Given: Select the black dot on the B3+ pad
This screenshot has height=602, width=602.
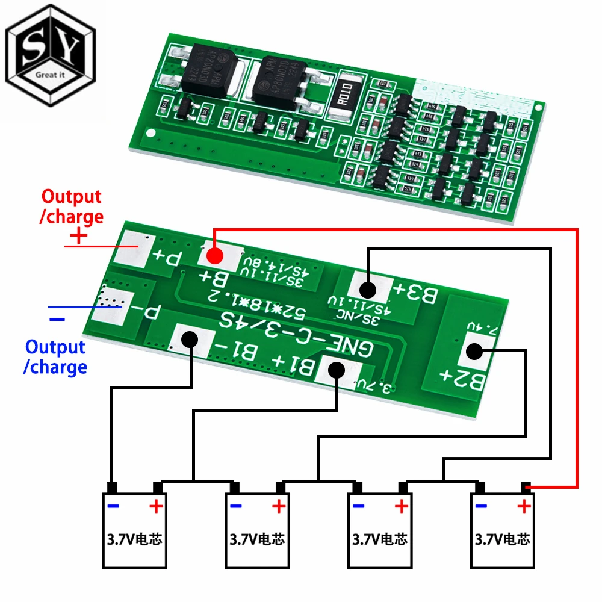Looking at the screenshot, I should click(368, 290).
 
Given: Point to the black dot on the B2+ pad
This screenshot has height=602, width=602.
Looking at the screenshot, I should click(476, 352).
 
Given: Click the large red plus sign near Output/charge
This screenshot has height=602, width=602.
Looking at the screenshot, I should click(78, 236).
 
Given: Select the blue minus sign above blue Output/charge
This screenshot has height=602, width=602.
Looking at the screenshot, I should click(57, 318).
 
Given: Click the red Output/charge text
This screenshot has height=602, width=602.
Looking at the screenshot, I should click(71, 206).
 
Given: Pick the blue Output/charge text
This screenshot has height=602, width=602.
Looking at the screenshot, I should click(55, 357).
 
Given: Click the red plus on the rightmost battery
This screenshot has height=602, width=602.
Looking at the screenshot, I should click(523, 506).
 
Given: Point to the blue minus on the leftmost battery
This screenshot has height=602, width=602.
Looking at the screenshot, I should click(113, 506).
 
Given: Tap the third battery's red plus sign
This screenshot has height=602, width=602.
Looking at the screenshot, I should click(401, 506).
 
